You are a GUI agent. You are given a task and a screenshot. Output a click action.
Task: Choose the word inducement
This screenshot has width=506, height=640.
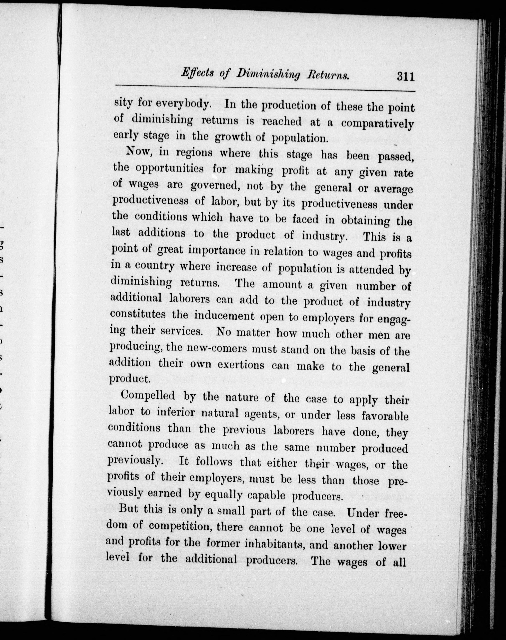224,316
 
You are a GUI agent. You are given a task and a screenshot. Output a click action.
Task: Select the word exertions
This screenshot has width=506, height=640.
240,365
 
